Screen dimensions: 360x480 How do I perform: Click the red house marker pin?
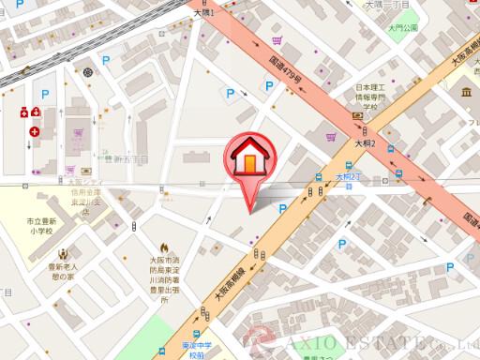[249, 160]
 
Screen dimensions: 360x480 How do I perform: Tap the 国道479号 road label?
[286, 71]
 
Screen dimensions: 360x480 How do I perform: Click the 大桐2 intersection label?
[365, 143]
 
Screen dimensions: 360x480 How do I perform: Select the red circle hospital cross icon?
[35, 132]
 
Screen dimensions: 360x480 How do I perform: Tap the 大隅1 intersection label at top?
[203, 13]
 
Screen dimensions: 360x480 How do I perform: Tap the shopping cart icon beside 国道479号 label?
[277, 41]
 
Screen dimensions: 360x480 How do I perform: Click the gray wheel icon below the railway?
[88, 71]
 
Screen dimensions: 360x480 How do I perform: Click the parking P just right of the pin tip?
[282, 208]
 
